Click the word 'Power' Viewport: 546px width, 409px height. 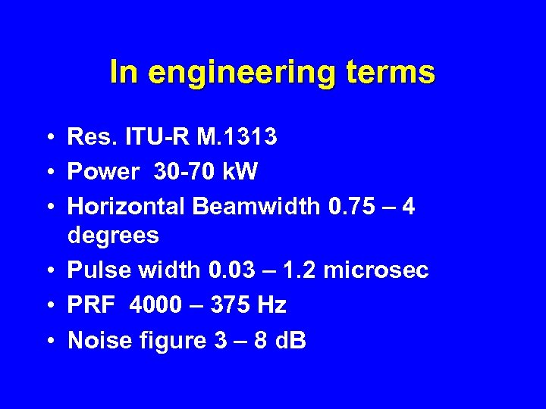(x=103, y=172)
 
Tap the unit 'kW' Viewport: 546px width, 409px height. (x=241, y=172)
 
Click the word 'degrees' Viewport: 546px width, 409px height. (x=113, y=236)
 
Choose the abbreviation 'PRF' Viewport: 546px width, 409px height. (x=90, y=305)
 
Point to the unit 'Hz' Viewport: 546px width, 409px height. (x=271, y=305)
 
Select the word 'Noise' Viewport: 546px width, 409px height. (x=95, y=341)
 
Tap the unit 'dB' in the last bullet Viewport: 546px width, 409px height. (x=290, y=341)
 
